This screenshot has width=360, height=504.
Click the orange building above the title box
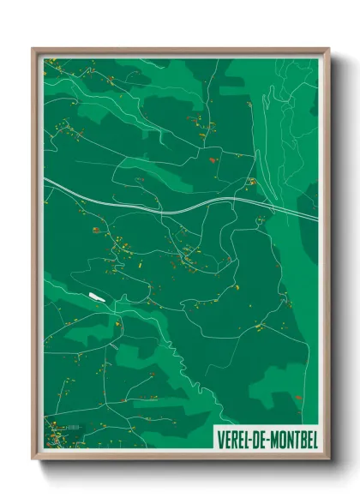point(297,398)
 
